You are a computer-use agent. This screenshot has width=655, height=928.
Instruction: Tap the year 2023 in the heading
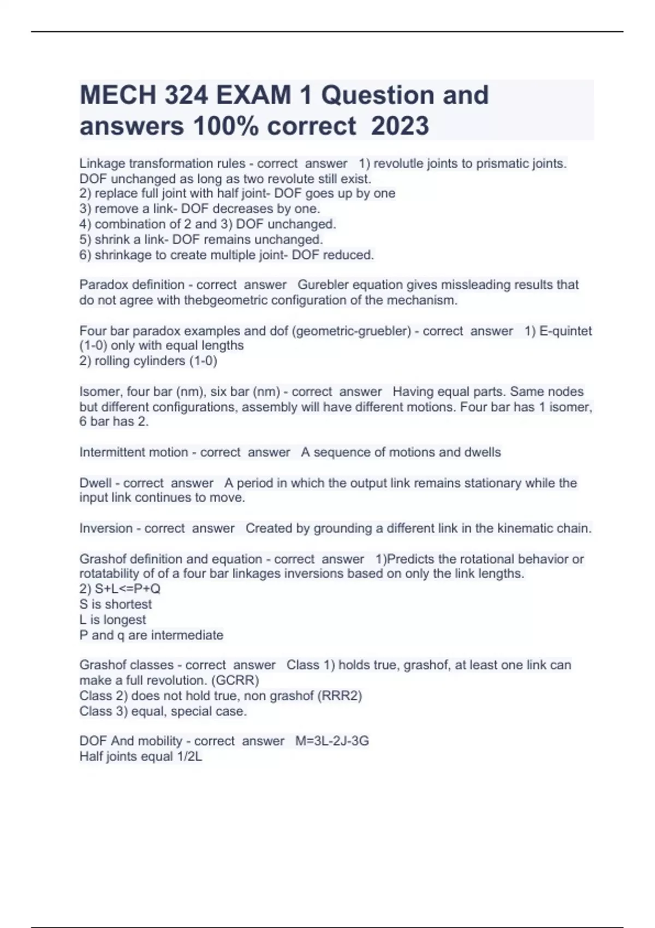click(400, 127)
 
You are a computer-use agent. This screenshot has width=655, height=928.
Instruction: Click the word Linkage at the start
click(102, 164)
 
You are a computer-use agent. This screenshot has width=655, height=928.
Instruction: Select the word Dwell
click(96, 483)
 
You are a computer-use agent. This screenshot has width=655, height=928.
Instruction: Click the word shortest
click(128, 604)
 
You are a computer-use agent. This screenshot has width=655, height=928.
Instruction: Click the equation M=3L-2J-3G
click(332, 741)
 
